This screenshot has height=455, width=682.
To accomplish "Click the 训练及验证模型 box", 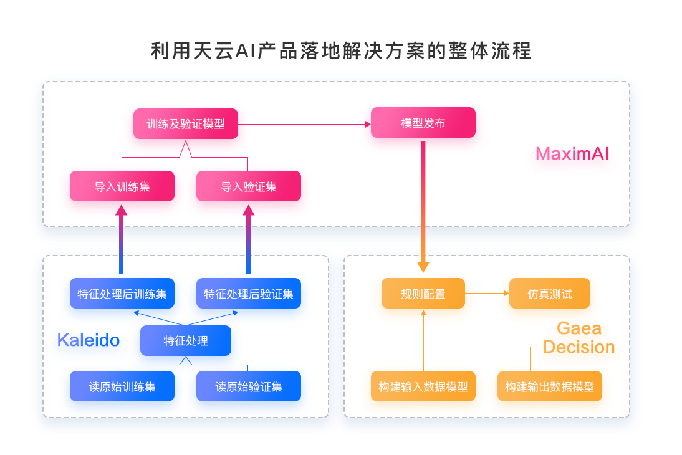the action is (x=186, y=124).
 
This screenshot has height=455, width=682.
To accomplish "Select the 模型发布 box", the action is (x=423, y=123).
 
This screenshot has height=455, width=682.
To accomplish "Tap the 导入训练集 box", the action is (x=122, y=186).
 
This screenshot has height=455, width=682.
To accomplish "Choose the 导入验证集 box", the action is (x=249, y=186).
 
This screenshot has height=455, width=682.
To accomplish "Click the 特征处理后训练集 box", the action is (x=122, y=293).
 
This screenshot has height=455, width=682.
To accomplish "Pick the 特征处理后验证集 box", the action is (x=249, y=293).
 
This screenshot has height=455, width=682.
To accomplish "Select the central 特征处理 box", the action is (x=186, y=340).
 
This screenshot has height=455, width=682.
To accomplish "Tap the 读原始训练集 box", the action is (x=122, y=386).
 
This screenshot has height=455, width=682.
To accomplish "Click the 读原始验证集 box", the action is (x=249, y=386).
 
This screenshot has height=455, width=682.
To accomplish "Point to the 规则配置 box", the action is (x=423, y=293).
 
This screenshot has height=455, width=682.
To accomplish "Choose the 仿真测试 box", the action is (x=550, y=293).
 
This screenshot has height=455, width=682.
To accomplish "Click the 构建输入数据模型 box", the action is (x=423, y=386).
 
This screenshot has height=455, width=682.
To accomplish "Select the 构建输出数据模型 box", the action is (x=550, y=386).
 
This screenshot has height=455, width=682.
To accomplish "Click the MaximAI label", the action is (x=572, y=153).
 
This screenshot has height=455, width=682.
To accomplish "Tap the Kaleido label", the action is (x=89, y=340).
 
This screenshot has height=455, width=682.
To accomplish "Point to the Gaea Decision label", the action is (x=579, y=338).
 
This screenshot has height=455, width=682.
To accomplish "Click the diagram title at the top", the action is (x=341, y=51).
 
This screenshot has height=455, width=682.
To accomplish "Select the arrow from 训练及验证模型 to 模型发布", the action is (x=304, y=125).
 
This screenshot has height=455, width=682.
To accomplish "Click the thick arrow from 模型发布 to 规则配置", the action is (x=423, y=207).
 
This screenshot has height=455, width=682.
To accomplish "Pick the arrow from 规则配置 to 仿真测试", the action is (x=487, y=293).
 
